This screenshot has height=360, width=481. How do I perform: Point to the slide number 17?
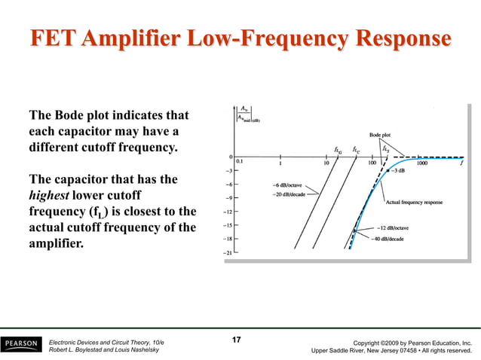(x=236, y=340)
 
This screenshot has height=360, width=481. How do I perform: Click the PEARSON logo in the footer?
(x=20, y=344)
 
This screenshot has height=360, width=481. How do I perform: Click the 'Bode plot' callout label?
(x=379, y=136)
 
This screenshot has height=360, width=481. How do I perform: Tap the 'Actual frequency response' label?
(x=414, y=202)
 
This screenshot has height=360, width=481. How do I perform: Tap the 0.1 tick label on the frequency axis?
(x=240, y=161)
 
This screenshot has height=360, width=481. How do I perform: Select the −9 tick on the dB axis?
(x=228, y=197)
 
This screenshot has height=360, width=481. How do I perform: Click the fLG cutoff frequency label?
(x=338, y=149)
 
